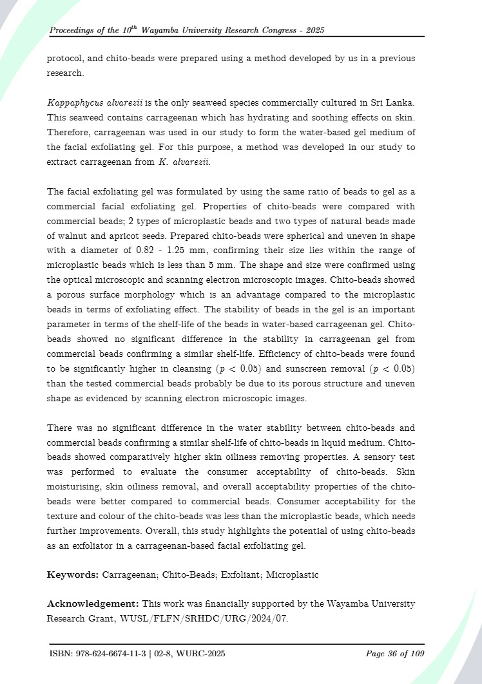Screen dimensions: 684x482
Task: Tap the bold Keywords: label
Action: [72, 575]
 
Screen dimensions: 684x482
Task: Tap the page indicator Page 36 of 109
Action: [394, 654]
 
